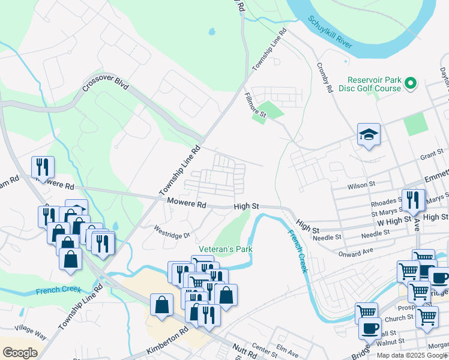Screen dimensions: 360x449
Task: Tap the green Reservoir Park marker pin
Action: [411, 83]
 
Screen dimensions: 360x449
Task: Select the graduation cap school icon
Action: [369, 135]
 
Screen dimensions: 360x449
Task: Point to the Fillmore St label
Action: [256, 99]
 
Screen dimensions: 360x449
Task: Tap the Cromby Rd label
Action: [324, 79]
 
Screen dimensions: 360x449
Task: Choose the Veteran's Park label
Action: [226, 249]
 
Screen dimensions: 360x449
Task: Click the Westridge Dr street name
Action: [172, 232]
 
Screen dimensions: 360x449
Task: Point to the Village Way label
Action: [31, 332]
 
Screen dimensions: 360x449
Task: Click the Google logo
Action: [20, 352]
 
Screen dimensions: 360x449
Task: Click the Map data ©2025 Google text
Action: [412, 355]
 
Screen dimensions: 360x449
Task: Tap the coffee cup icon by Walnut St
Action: [370, 328]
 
